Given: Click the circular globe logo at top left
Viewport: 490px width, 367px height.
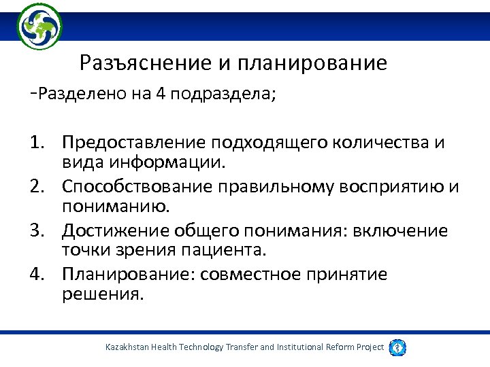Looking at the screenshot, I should (39, 26).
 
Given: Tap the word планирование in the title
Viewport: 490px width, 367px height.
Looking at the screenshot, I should (312, 63).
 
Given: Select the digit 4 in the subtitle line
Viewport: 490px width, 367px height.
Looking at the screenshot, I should (161, 94).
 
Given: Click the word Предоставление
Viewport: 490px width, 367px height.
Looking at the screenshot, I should (134, 143).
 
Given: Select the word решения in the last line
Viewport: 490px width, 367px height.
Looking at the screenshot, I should (103, 295).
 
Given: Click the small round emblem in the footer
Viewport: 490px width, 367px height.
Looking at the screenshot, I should (397, 347).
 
